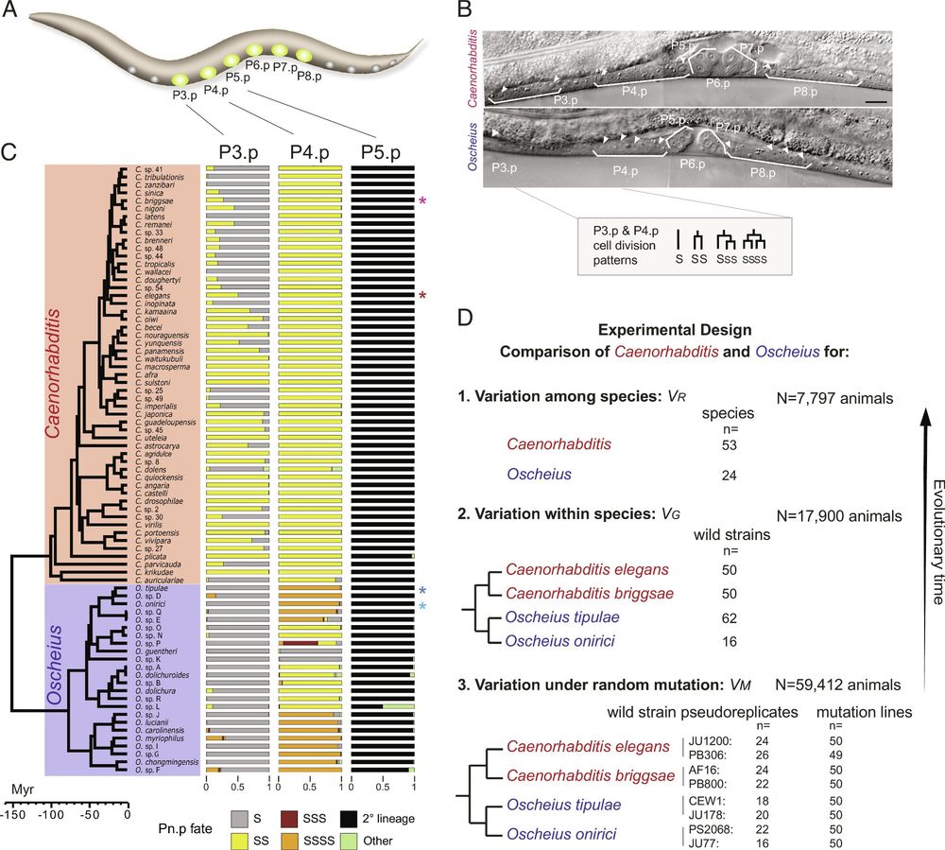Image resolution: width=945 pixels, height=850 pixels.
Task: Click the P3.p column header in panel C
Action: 236,151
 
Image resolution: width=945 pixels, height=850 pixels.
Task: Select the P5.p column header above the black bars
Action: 383,151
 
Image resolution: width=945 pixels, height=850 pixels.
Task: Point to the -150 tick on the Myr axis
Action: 14,811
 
